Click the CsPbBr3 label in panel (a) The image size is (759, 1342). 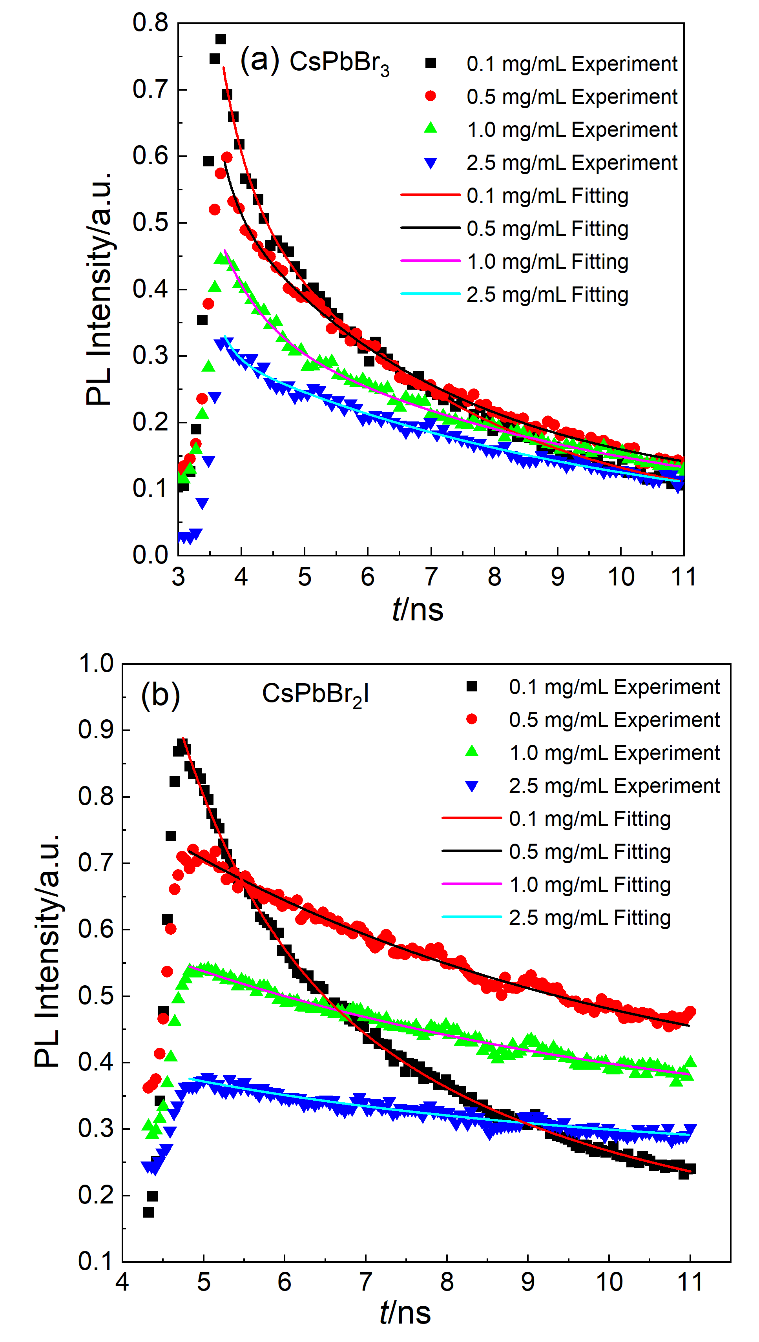point(339,63)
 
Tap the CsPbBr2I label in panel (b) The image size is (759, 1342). point(316,695)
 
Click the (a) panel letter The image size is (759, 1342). point(259,60)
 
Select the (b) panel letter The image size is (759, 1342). point(161,695)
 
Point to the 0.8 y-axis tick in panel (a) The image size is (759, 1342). point(150,23)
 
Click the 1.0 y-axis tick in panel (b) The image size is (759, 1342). point(96,664)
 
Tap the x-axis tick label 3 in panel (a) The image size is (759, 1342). point(178,577)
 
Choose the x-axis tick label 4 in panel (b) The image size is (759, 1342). point(122,1282)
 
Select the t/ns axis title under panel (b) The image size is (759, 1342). point(405,1312)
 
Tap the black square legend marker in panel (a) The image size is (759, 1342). point(431,64)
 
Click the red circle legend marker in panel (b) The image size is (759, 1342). point(472,719)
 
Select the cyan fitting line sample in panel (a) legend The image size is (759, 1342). point(431,294)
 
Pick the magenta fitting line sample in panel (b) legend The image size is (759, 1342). point(472,884)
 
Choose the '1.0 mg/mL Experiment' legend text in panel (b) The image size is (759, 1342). point(614,753)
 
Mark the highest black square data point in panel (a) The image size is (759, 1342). point(221,39)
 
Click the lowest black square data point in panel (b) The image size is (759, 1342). point(149,1213)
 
